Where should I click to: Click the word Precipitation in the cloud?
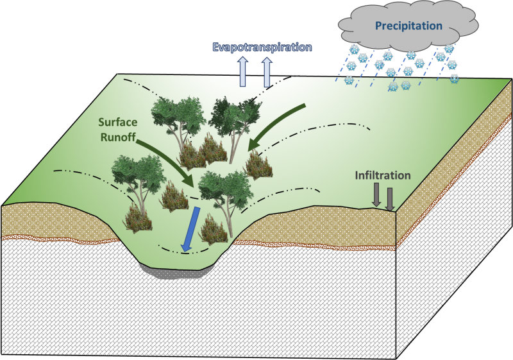pyautogui.click(x=408, y=26)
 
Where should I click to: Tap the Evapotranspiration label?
pyautogui.click(x=262, y=47)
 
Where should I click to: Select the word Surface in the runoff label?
pyautogui.click(x=118, y=123)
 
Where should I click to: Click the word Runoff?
pyautogui.click(x=118, y=137)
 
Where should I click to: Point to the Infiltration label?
pyautogui.click(x=383, y=175)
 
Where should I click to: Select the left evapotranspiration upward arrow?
pyautogui.click(x=242, y=72)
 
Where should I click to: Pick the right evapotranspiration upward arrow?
pyautogui.click(x=267, y=73)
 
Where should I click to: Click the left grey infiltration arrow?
pyautogui.click(x=376, y=195)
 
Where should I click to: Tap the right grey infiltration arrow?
pyautogui.click(x=389, y=200)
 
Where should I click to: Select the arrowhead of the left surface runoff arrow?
pyautogui.click(x=189, y=179)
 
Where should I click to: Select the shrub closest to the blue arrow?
pyautogui.click(x=214, y=230)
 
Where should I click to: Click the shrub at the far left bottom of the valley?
pyautogui.click(x=138, y=218)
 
